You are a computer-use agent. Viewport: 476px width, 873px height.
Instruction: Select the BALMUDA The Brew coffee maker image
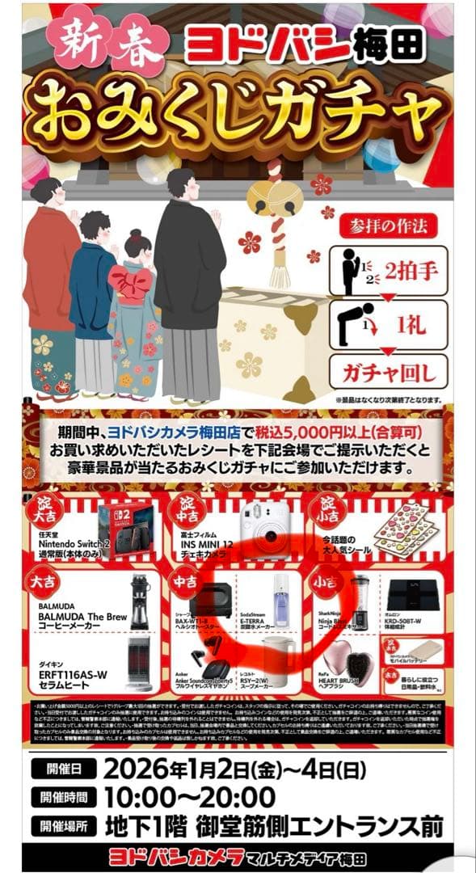click(140, 603)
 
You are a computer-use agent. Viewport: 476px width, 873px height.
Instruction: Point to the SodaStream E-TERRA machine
click(280, 602)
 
